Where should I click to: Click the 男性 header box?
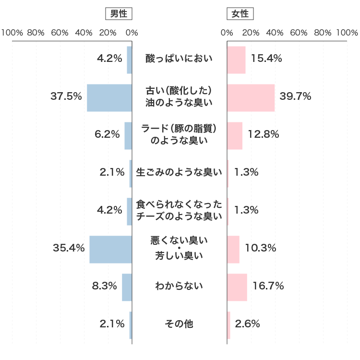point(119,14)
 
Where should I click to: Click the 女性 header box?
point(240,14)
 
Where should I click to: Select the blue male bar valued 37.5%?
point(109,98)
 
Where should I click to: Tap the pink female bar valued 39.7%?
point(251,98)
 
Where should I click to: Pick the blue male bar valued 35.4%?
point(110,250)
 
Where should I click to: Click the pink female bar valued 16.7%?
point(237,288)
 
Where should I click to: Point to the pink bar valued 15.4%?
point(236,60)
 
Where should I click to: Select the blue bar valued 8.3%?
point(127,288)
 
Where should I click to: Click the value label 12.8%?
point(263,134)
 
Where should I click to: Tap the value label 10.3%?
point(260,248)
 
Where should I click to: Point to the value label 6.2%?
point(108,134)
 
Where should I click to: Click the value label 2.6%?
point(248,324)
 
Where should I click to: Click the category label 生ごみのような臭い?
point(179,172)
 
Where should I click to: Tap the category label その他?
point(179,324)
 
